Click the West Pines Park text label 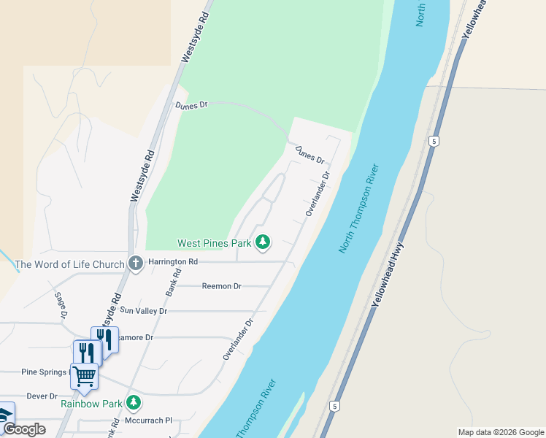pos(214,242)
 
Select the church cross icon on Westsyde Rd pos(135,263)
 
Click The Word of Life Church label pos(69,264)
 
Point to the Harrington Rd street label pos(172,261)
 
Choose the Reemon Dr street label pos(221,286)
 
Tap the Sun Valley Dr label pos(144,311)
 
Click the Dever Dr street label pos(42,396)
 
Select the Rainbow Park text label pos(91,403)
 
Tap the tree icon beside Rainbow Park pos(133,402)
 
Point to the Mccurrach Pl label pos(147,420)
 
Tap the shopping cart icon pos(85,377)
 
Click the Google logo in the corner pos(24,429)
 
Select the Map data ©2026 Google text pos(500,432)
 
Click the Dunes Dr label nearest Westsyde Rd pos(191,105)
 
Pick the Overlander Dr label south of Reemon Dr pos(238,339)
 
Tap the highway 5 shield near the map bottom pos(335,405)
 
